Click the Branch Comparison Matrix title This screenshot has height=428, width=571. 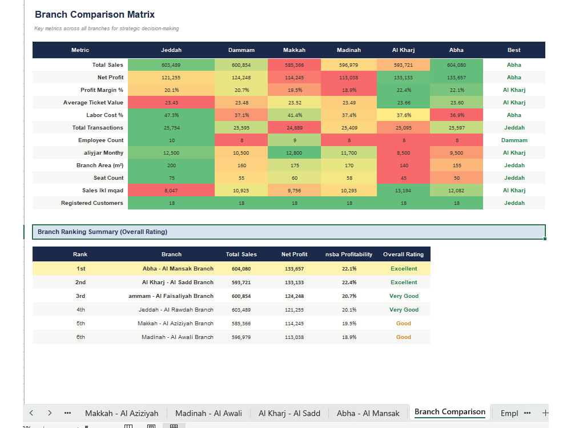tap(95, 15)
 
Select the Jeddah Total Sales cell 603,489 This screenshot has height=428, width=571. tap(171, 65)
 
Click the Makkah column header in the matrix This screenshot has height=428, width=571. tap(294, 50)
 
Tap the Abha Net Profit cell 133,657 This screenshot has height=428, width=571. tap(456, 78)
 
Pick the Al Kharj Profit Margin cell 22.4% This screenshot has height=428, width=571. tap(404, 90)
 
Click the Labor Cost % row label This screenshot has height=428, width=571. tap(105, 115)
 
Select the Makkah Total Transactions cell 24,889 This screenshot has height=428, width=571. tap(294, 128)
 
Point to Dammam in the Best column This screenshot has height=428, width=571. tap(514, 140)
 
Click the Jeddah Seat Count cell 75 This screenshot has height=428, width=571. tap(171, 178)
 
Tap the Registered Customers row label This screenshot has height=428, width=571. tap(92, 203)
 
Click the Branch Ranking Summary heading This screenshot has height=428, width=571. tap(102, 232)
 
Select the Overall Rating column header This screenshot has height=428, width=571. tap(404, 255)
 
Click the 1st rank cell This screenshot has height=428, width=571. tap(81, 269)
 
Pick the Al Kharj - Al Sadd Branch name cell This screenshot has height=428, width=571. tap(178, 282)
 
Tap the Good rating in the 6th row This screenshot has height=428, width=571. tap(404, 337)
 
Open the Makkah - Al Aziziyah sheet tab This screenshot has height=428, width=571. tap(122, 413)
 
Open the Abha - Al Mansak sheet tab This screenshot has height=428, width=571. tap(368, 413)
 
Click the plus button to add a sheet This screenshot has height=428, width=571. tap(545, 413)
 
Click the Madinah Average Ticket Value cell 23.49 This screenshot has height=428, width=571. tap(349, 103)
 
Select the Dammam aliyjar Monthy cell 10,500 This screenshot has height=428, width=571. tap(241, 153)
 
